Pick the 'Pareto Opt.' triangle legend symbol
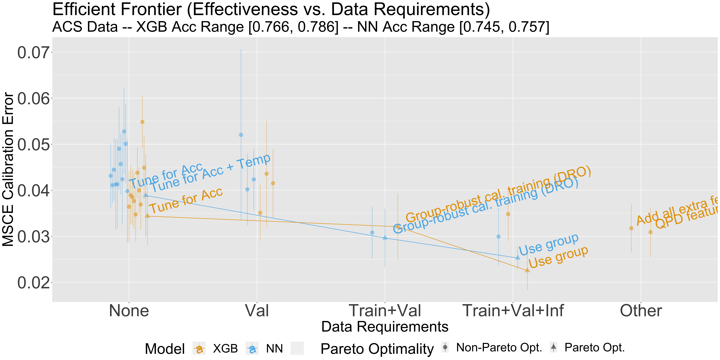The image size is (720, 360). coord(553,347)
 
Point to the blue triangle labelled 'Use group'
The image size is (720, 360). coord(518,257)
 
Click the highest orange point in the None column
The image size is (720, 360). coord(142,122)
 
